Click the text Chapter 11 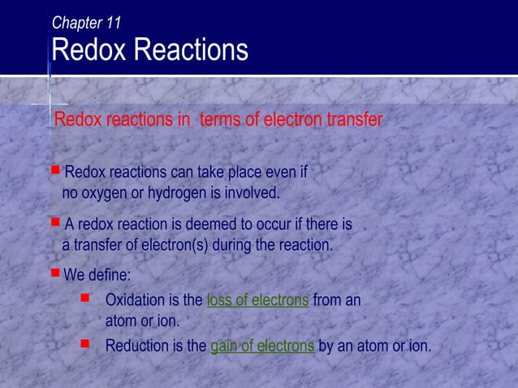pyautogui.click(x=87, y=23)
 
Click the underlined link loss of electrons pyautogui.click(x=257, y=300)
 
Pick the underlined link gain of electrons pyautogui.click(x=262, y=347)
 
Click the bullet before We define pyautogui.click(x=55, y=274)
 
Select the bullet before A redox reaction pyautogui.click(x=55, y=221)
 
